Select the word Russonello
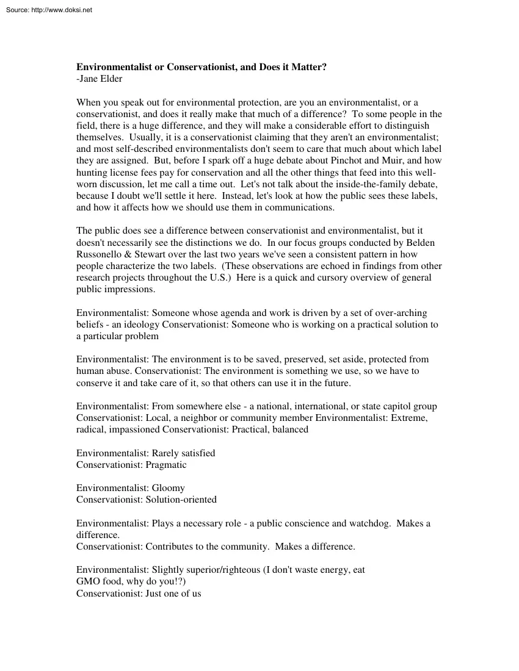pos(101,254)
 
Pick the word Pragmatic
pos(166,465)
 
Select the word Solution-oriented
pos(181,500)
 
